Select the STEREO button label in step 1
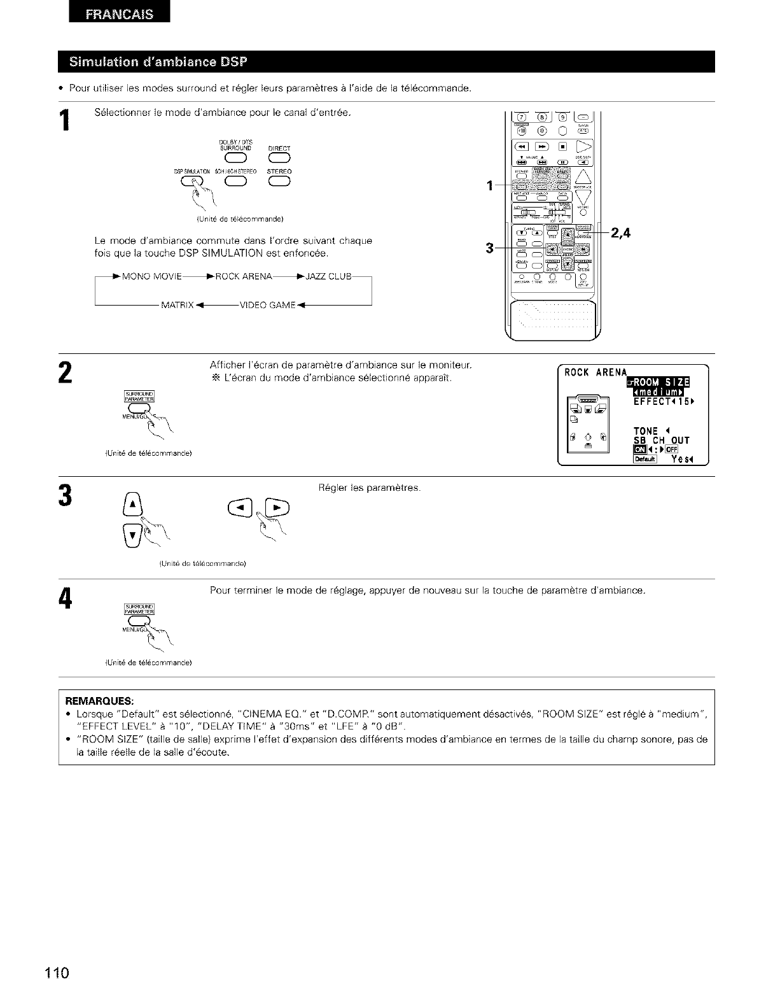click(279, 171)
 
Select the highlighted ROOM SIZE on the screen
click(661, 382)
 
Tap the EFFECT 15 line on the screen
click(662, 402)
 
